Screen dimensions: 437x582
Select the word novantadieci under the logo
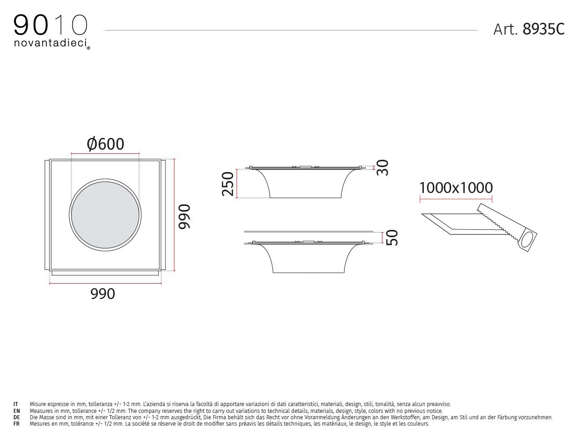[x=50, y=43]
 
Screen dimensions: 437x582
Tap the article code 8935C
[x=544, y=29]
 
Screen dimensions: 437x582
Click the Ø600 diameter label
[x=105, y=144]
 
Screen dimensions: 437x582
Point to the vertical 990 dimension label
[x=184, y=216]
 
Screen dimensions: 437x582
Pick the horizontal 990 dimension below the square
[x=103, y=294]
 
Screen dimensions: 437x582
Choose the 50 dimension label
[x=392, y=238]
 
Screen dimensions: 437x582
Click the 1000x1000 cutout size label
[x=456, y=188]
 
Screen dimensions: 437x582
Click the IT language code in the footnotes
[x=16, y=404]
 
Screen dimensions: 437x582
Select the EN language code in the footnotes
[x=16, y=411]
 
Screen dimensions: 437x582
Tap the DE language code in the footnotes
[x=16, y=417]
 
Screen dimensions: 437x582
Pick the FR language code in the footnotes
[x=16, y=424]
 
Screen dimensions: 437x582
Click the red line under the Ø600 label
[x=105, y=154]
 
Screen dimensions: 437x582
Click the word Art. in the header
[x=506, y=29]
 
